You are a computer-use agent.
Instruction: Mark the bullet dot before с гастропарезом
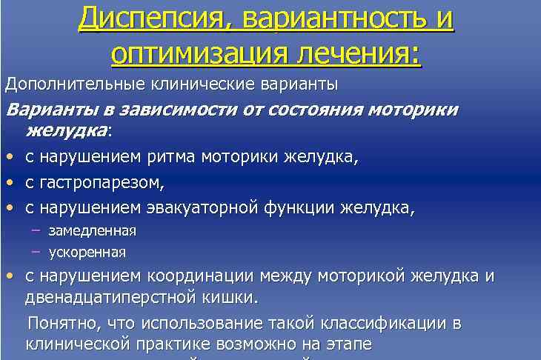pyautogui.click(x=9, y=182)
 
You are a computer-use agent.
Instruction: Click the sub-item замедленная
pyautogui.click(x=93, y=230)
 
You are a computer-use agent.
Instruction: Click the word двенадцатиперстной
pyautogui.click(x=123, y=297)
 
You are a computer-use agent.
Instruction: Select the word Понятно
pyautogui.click(x=62, y=323)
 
